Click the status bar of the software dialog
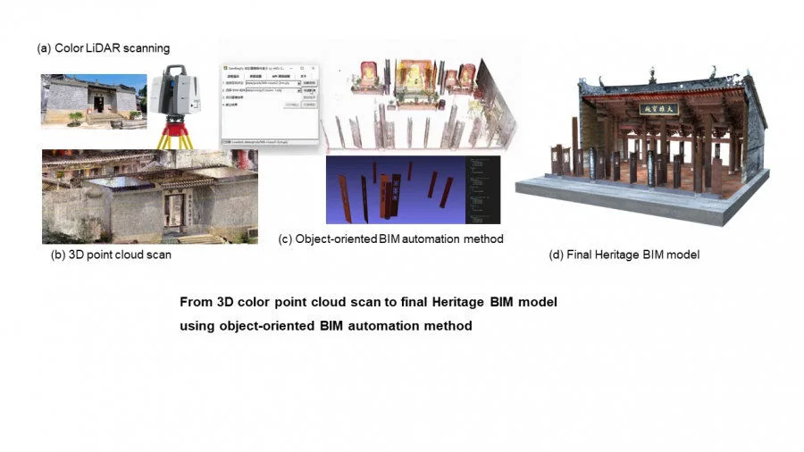coord(268,141)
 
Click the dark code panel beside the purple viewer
coord(482,189)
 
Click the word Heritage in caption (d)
coord(611,255)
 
